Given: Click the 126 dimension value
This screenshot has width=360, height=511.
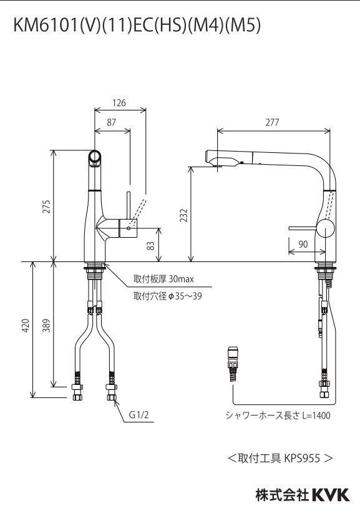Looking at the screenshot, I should [119, 103].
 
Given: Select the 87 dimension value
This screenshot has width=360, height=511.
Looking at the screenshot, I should [111, 123].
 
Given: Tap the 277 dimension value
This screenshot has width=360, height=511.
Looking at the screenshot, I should [272, 122].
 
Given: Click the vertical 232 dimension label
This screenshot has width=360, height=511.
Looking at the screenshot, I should [183, 215].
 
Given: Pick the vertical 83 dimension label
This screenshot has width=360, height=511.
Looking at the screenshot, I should [150, 245].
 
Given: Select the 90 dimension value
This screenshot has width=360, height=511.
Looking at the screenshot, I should [303, 245].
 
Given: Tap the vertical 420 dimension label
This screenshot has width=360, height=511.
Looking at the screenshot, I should [26, 325].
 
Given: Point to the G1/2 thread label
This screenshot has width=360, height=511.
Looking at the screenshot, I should [138, 415].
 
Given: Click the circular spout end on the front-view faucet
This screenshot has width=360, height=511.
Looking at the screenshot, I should [95, 157].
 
